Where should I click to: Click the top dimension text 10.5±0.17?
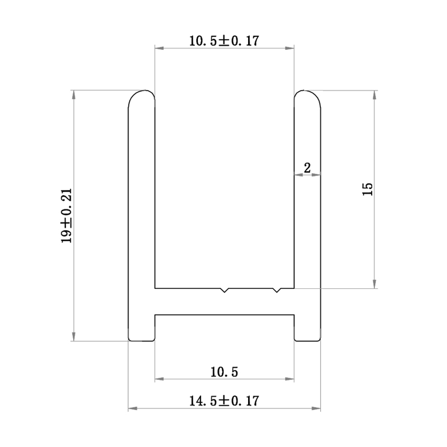[225, 40]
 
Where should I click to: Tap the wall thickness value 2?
[307, 167]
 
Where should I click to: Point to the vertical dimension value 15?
[367, 189]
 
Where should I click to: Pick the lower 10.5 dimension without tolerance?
[225, 371]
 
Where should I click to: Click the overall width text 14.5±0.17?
[225, 401]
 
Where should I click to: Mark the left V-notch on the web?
[225, 291]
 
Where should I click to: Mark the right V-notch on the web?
[276, 291]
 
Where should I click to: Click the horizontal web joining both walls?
[225, 302]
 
